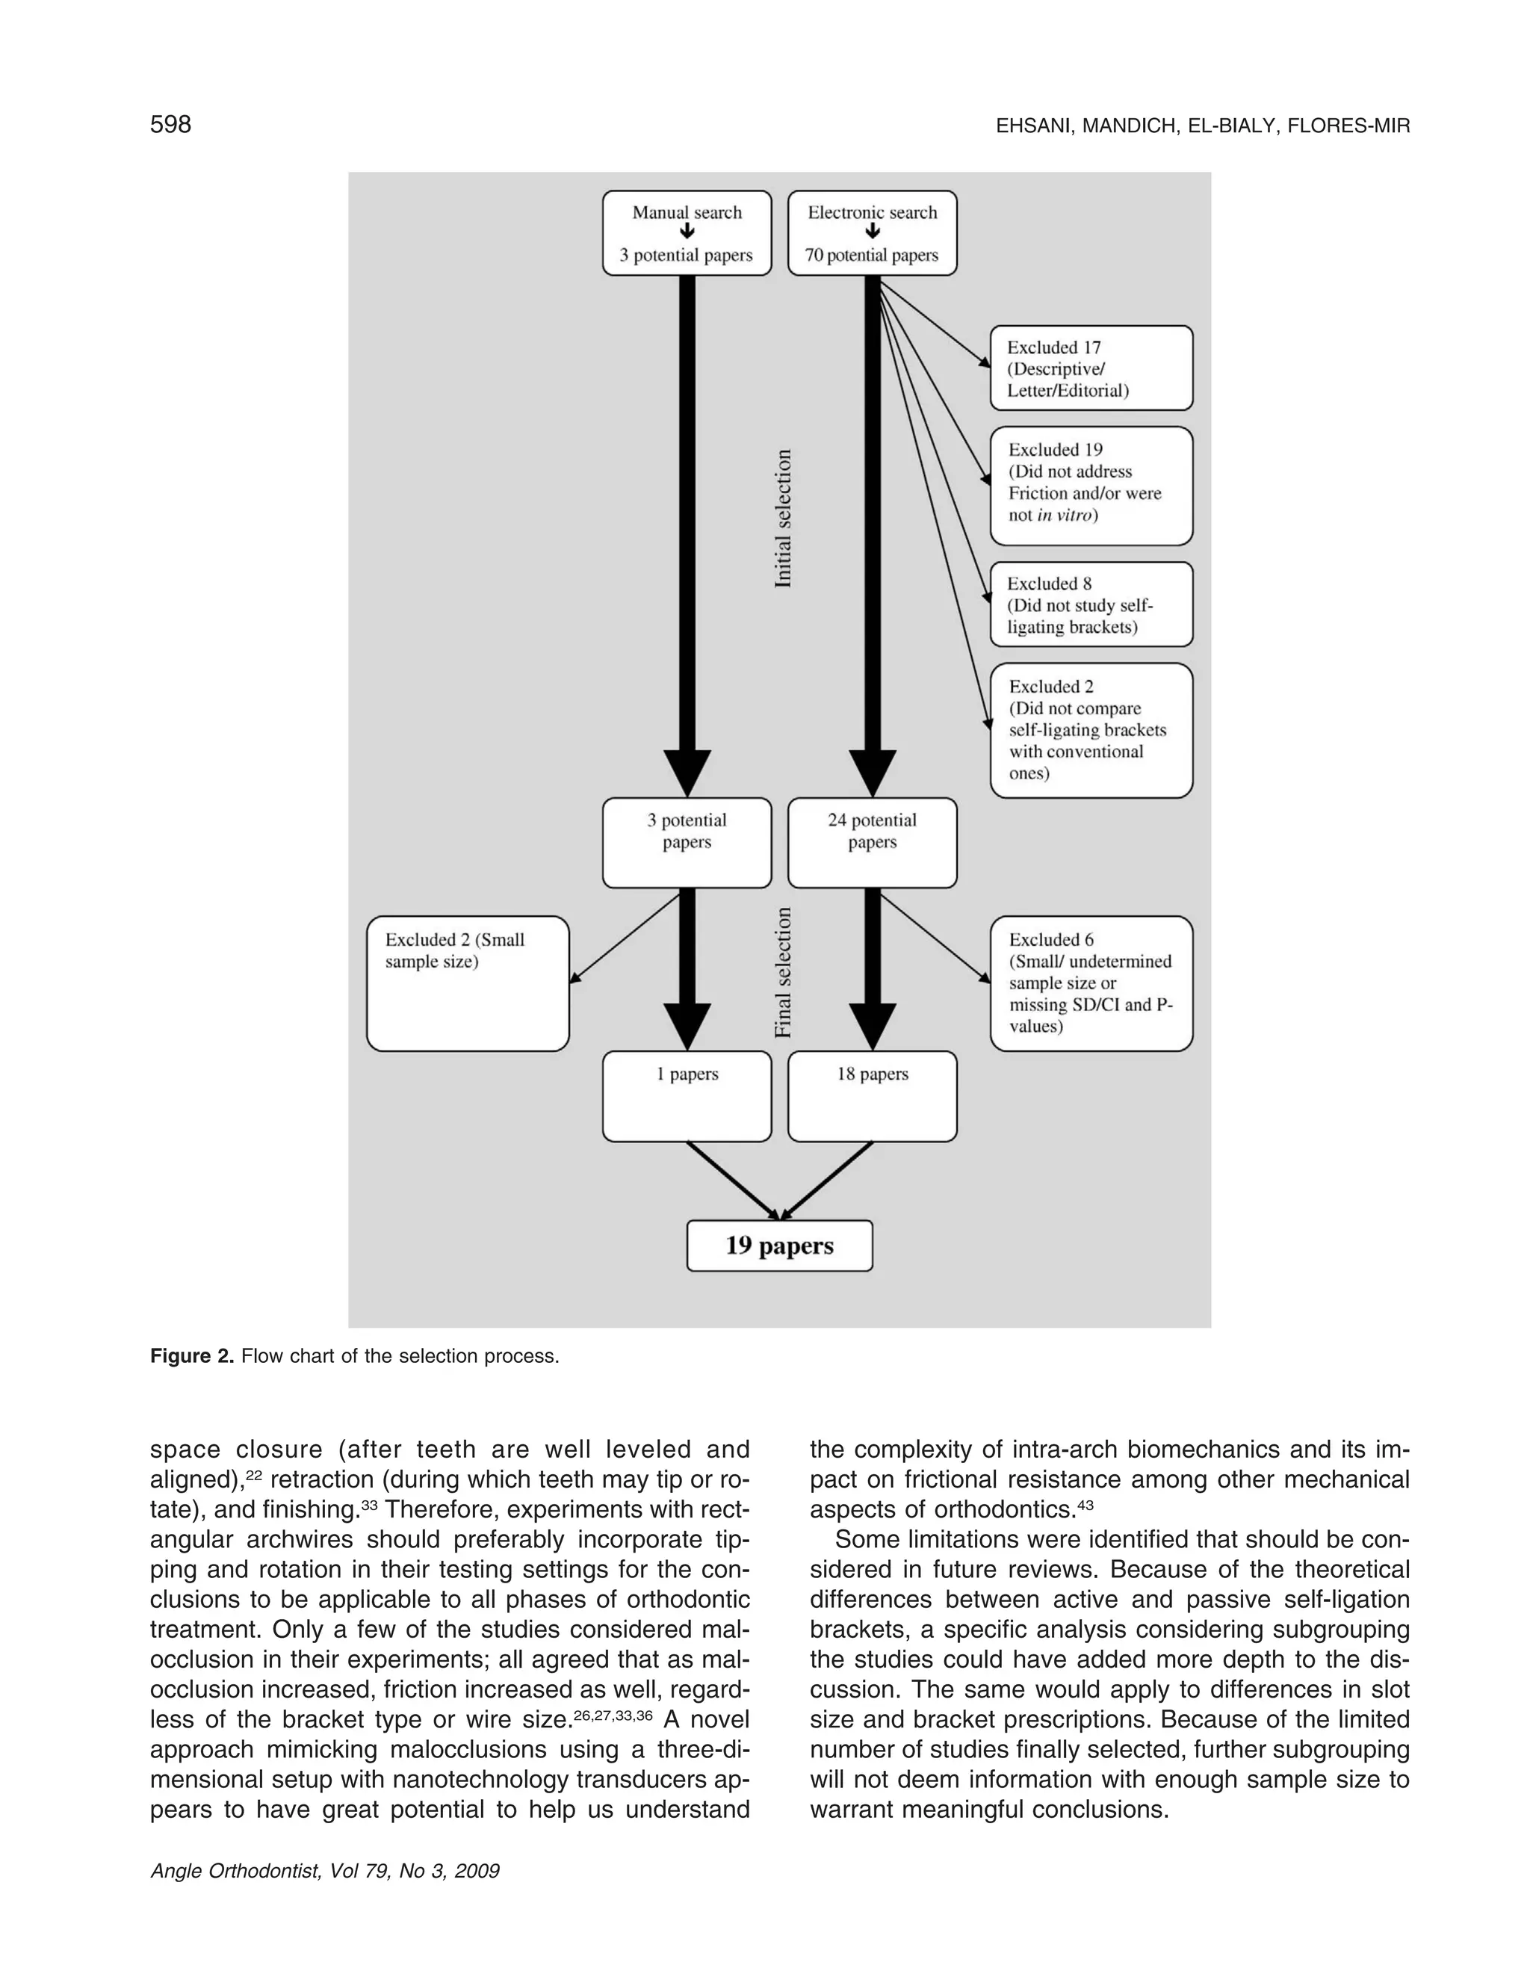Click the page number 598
pyautogui.click(x=170, y=124)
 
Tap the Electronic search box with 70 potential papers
pyautogui.click(x=872, y=233)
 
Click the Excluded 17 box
pyautogui.click(x=1091, y=368)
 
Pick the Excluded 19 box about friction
pyautogui.click(x=1091, y=485)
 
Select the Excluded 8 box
pyautogui.click(x=1091, y=604)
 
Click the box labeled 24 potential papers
pyautogui.click(x=872, y=842)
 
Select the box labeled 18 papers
pyautogui.click(x=872, y=1095)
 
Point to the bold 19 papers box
pyautogui.click(x=779, y=1246)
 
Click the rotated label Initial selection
pyautogui.click(x=783, y=519)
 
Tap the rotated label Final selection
pyautogui.click(x=783, y=973)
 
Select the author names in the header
pyautogui.click(x=1203, y=126)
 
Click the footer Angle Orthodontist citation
pyautogui.click(x=324, y=1871)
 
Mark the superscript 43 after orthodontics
pyautogui.click(x=1085, y=1505)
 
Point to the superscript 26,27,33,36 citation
pyautogui.click(x=613, y=1716)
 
